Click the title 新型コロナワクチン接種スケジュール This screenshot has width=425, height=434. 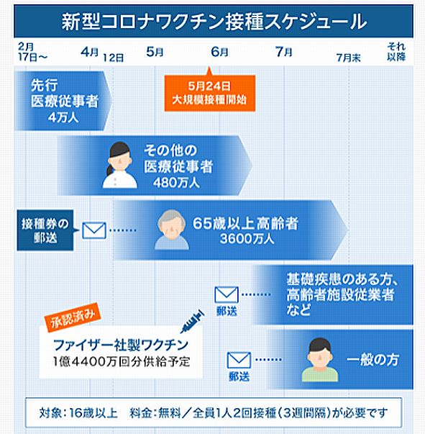coord(214,22)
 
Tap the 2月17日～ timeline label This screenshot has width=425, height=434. coord(32,52)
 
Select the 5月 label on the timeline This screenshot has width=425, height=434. coord(155,52)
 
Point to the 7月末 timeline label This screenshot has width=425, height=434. coord(348,58)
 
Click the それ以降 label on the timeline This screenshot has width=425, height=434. coord(396,52)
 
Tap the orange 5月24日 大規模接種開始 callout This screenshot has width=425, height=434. coord(209,93)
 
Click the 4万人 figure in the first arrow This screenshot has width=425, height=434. coord(63,117)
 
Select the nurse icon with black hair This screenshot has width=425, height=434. coord(119,166)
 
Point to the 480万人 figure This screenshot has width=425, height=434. coord(176,183)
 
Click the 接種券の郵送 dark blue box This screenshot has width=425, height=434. coord(45,230)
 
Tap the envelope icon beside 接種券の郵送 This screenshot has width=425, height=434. coord(94,230)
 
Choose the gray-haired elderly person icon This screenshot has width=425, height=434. coord(172,230)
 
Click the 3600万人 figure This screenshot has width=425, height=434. coord(247,239)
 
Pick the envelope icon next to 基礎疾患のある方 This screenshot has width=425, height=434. coord(227,295)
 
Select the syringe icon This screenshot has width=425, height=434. coord(193,322)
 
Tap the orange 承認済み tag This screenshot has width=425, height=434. coord(73,317)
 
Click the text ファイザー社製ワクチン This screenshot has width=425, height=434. coord(121,345)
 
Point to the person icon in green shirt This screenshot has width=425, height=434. coord(320,360)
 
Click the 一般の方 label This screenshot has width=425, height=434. coord(373,360)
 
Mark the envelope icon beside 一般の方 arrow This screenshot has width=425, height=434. coord(239,360)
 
